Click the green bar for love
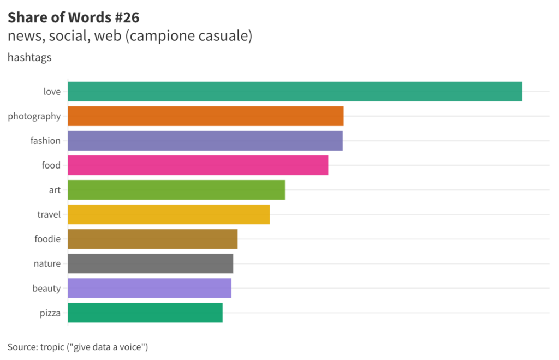(x=295, y=92)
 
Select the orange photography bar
(x=206, y=116)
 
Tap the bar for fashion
(x=205, y=141)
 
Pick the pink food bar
(x=198, y=165)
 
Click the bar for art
(x=176, y=190)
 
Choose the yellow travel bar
(x=169, y=214)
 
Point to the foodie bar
(x=153, y=239)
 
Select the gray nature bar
(x=151, y=263)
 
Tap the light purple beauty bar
(x=150, y=288)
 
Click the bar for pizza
(x=145, y=313)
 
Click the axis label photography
(x=34, y=116)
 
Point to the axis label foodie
(x=47, y=239)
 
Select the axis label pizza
(x=50, y=313)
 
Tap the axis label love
(x=52, y=92)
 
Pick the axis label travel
(x=49, y=214)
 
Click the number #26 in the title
(x=127, y=18)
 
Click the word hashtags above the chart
(x=29, y=57)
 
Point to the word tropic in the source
(x=53, y=347)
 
